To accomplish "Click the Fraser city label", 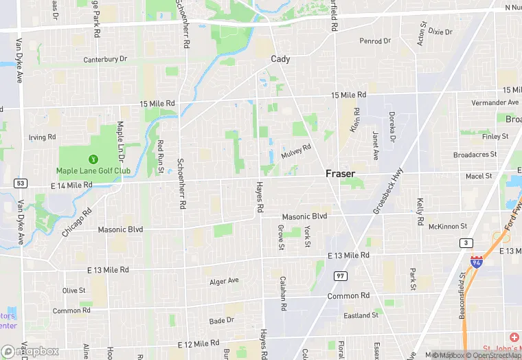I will (341, 174).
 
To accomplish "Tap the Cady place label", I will (280, 59).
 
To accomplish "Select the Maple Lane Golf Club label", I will (93, 170).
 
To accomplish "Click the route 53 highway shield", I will (21, 183).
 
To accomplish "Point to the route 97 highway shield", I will (340, 275).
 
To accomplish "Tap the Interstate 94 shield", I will (477, 262).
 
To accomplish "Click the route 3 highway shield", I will (467, 243).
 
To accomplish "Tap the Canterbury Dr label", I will (105, 60).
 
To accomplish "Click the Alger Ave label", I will (224, 281).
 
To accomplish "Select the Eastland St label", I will (361, 315).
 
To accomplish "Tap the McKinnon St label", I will (447, 226).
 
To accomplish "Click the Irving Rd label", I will (42, 137).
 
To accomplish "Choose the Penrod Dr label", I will (375, 41).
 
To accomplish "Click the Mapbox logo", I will (31, 351).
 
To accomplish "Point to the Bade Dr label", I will (222, 320).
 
